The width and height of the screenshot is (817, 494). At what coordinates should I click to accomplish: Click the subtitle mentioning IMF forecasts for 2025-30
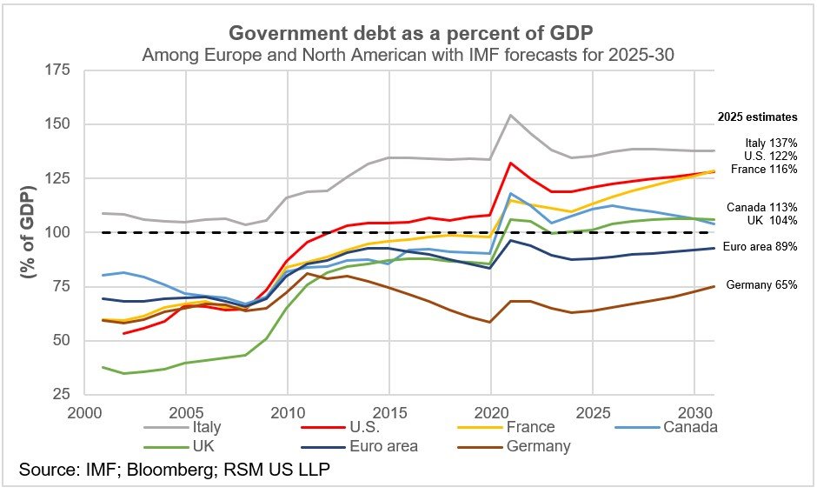[408, 56]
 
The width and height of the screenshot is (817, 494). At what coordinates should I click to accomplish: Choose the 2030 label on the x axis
[694, 411]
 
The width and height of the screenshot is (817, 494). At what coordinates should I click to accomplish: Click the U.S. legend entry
[365, 427]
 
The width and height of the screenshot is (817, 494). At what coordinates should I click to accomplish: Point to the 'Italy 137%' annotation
[771, 143]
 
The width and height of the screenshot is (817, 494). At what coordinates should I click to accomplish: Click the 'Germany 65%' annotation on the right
[761, 284]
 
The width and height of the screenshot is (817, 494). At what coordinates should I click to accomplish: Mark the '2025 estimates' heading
[757, 117]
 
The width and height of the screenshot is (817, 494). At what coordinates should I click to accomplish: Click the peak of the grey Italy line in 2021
[511, 115]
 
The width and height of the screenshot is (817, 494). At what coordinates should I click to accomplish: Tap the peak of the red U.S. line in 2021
[511, 163]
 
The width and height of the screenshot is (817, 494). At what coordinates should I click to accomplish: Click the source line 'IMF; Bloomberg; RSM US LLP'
[174, 471]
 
